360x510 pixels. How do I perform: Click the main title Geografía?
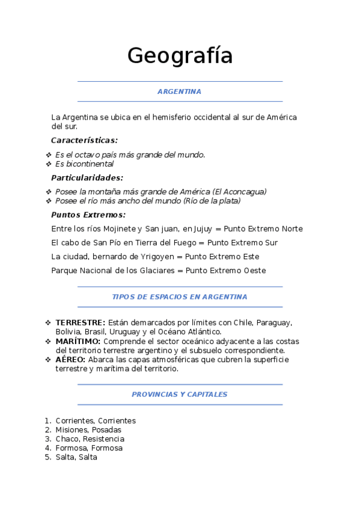pos(180,56)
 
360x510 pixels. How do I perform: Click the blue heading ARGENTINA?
pos(179,91)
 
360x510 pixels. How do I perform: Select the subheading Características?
pos(84,140)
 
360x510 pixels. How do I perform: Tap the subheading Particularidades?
pos(87,177)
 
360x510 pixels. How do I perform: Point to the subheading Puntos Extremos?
pos(88,215)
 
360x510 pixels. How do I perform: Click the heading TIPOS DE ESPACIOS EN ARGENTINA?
pos(179,296)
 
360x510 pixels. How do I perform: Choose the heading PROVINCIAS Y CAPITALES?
pos(179,394)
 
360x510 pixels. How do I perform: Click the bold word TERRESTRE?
pos(80,323)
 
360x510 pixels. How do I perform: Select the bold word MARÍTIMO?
pos(78,341)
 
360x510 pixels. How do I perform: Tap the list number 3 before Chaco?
pos(47,439)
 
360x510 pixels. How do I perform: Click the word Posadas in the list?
pos(106,430)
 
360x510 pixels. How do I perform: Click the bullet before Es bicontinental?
pos(48,164)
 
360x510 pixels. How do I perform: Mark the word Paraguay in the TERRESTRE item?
pos(273,323)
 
